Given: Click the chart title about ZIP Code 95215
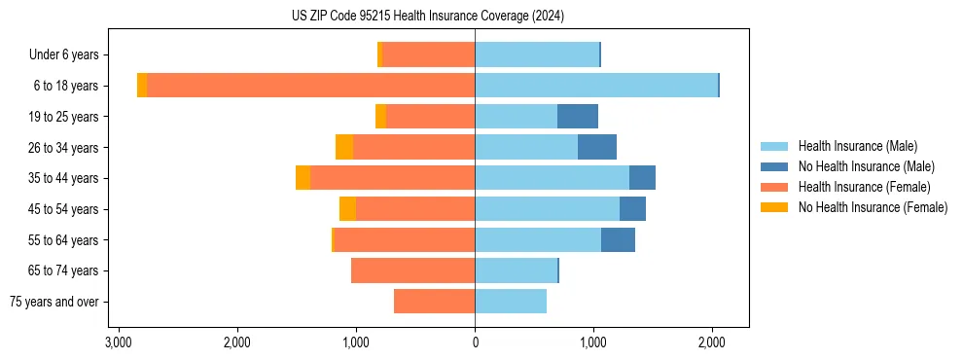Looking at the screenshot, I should [x=427, y=17].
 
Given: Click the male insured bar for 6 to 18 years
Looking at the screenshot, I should [x=595, y=86].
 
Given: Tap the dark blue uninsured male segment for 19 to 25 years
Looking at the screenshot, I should [x=578, y=117].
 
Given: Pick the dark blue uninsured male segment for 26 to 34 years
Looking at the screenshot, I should [x=597, y=147].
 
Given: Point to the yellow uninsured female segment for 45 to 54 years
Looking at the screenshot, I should [x=347, y=209].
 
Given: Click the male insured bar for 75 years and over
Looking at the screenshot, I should [x=511, y=302].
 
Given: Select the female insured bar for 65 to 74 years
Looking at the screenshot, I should [x=412, y=270].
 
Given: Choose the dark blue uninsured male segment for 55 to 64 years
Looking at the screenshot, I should [x=618, y=240].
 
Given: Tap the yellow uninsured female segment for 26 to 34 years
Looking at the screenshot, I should [x=344, y=147].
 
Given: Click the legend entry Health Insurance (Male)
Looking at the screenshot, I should [x=857, y=146].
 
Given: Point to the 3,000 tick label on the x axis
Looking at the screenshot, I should [x=118, y=343].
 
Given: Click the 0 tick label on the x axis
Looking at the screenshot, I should [x=475, y=343].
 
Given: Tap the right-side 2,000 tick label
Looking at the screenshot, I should [x=712, y=343].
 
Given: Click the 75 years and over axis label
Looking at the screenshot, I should [x=53, y=302].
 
